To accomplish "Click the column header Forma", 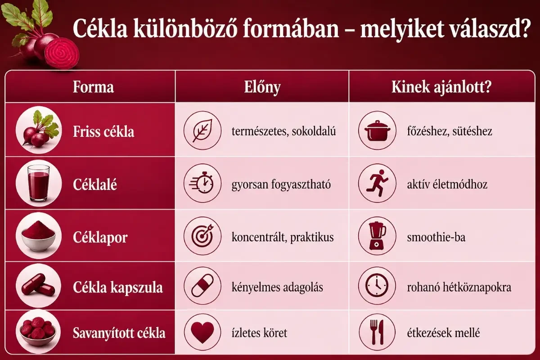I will point(93,87).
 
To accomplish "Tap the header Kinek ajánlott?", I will point(441,87).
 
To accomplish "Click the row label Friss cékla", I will point(103,132).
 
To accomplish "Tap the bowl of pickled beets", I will point(38,333).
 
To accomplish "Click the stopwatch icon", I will point(202,184).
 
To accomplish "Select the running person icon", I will point(377,184).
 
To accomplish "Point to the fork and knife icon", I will point(377,333).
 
